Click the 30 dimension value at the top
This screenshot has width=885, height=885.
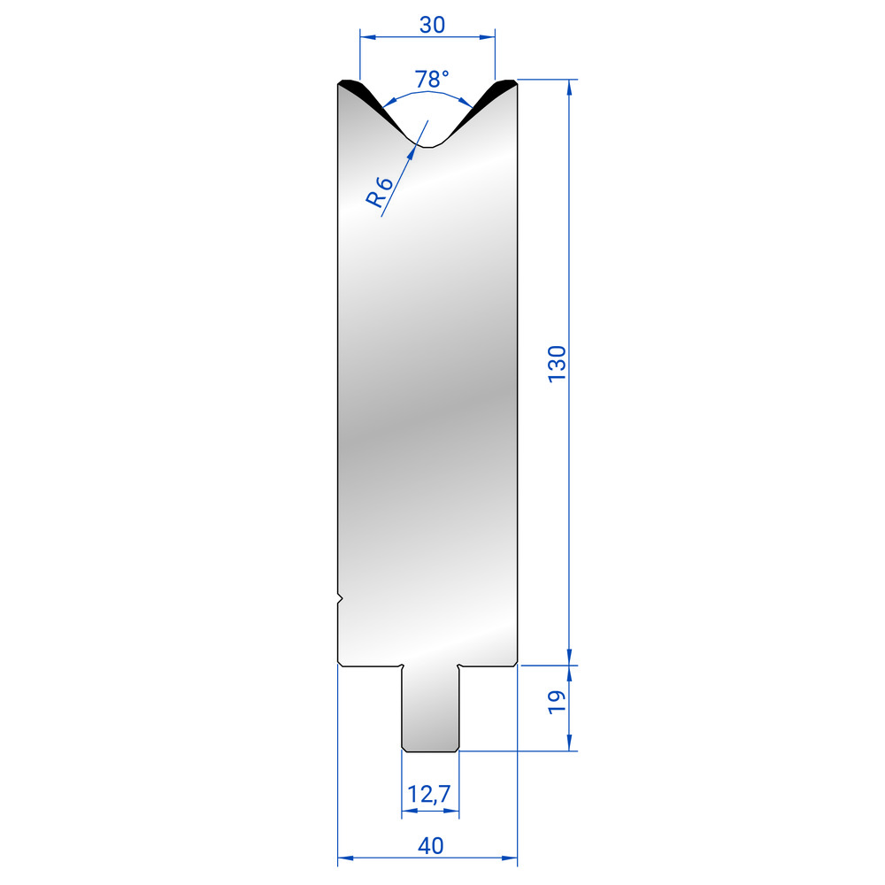point(433,25)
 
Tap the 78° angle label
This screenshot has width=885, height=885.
point(432,79)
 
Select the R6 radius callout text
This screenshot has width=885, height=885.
point(379,192)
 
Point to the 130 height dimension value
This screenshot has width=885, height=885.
point(557,364)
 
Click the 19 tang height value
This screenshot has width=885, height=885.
point(557,702)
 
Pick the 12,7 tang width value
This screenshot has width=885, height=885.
point(429,794)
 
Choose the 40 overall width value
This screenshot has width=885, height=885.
point(431,845)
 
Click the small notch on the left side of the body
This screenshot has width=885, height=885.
point(340,598)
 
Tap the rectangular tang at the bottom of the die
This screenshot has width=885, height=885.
point(430,709)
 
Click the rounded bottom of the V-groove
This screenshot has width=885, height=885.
point(429,146)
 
